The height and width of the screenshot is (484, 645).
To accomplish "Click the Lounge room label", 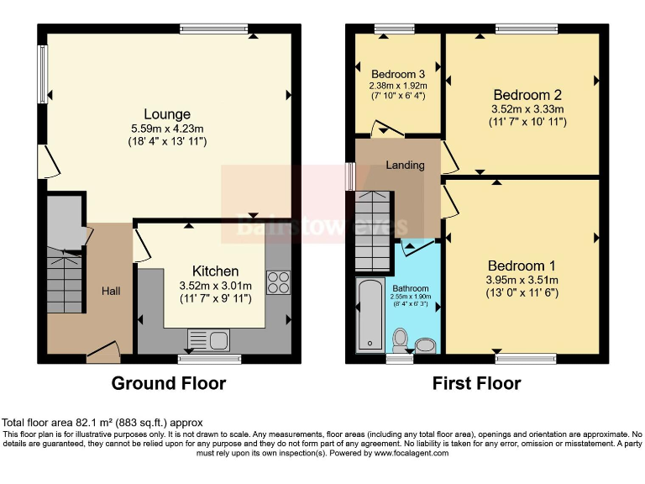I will (167, 114).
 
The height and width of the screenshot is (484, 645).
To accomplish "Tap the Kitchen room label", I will (216, 271).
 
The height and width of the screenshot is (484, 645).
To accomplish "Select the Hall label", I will (111, 291).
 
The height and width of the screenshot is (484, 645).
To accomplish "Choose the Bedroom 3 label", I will (398, 73).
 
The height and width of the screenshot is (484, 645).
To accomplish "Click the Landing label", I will (405, 165).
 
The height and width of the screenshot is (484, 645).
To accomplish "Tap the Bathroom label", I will (410, 287).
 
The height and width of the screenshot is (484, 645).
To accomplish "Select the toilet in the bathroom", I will (401, 340).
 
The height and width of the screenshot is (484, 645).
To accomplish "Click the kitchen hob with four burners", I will (278, 281).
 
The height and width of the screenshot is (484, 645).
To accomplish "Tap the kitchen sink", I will (208, 340).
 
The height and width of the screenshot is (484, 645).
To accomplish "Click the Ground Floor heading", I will (169, 384).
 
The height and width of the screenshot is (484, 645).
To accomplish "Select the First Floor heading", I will (476, 384).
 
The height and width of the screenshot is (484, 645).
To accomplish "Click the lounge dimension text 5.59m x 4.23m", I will (167, 129).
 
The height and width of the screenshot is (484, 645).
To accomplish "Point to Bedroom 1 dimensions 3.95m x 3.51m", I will (522, 280).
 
